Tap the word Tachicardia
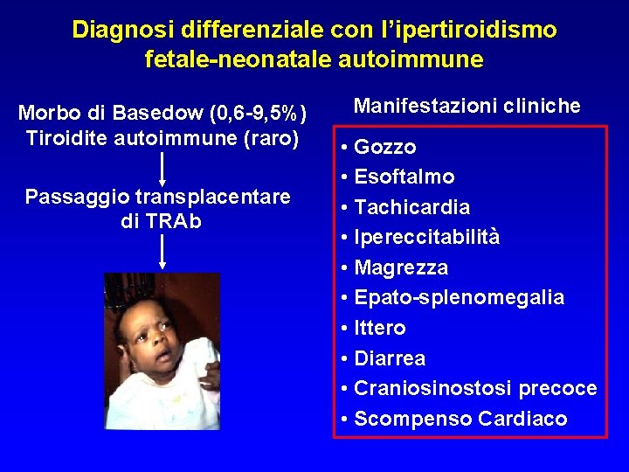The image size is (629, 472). (411, 208)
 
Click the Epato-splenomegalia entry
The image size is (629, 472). (459, 298)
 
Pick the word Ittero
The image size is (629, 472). (380, 329)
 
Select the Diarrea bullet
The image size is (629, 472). (390, 359)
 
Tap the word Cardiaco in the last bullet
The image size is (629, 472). (523, 420)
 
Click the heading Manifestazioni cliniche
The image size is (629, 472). (467, 107)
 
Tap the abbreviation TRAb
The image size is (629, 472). (173, 222)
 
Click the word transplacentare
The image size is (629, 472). (212, 198)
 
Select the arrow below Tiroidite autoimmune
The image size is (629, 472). (162, 168)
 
